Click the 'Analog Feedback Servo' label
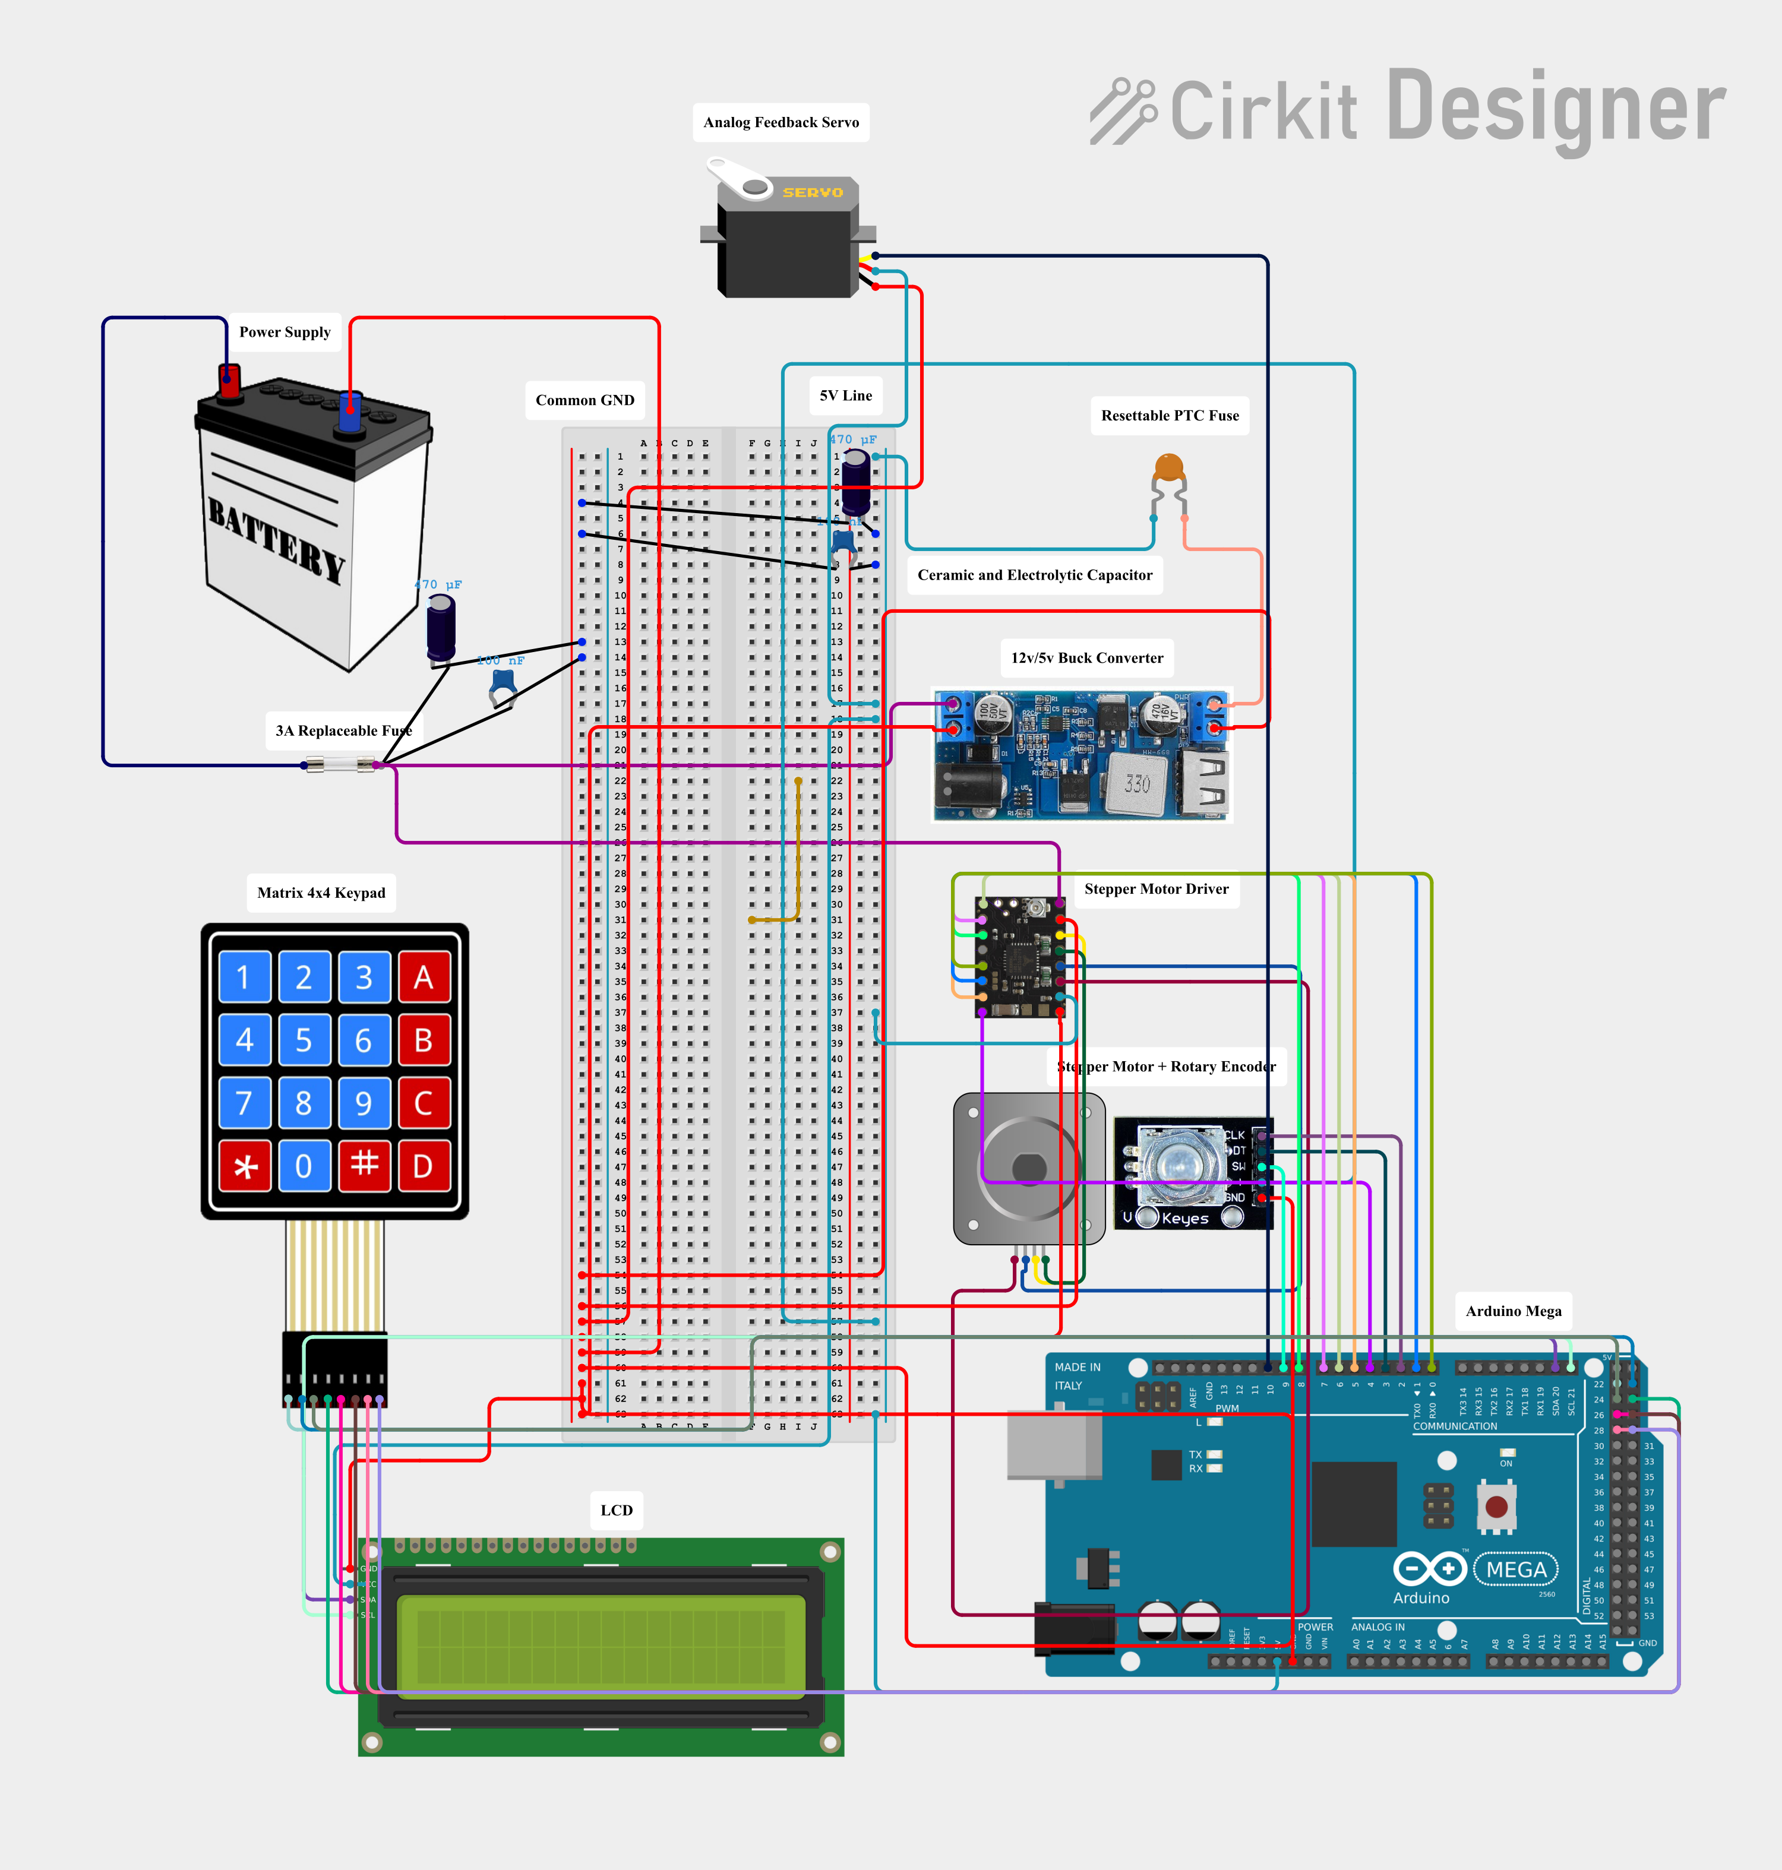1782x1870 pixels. (781, 122)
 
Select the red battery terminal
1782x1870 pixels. (229, 382)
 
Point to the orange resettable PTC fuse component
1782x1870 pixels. (1168, 468)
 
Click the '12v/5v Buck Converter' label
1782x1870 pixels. (1086, 658)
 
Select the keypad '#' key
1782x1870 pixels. (364, 1165)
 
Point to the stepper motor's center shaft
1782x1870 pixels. (1029, 1167)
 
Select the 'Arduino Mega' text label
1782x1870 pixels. (1513, 1311)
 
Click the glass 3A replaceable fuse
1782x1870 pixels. (339, 764)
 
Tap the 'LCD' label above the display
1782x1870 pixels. (617, 1510)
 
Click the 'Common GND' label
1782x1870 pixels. (584, 400)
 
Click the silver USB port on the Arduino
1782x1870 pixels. (1053, 1445)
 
